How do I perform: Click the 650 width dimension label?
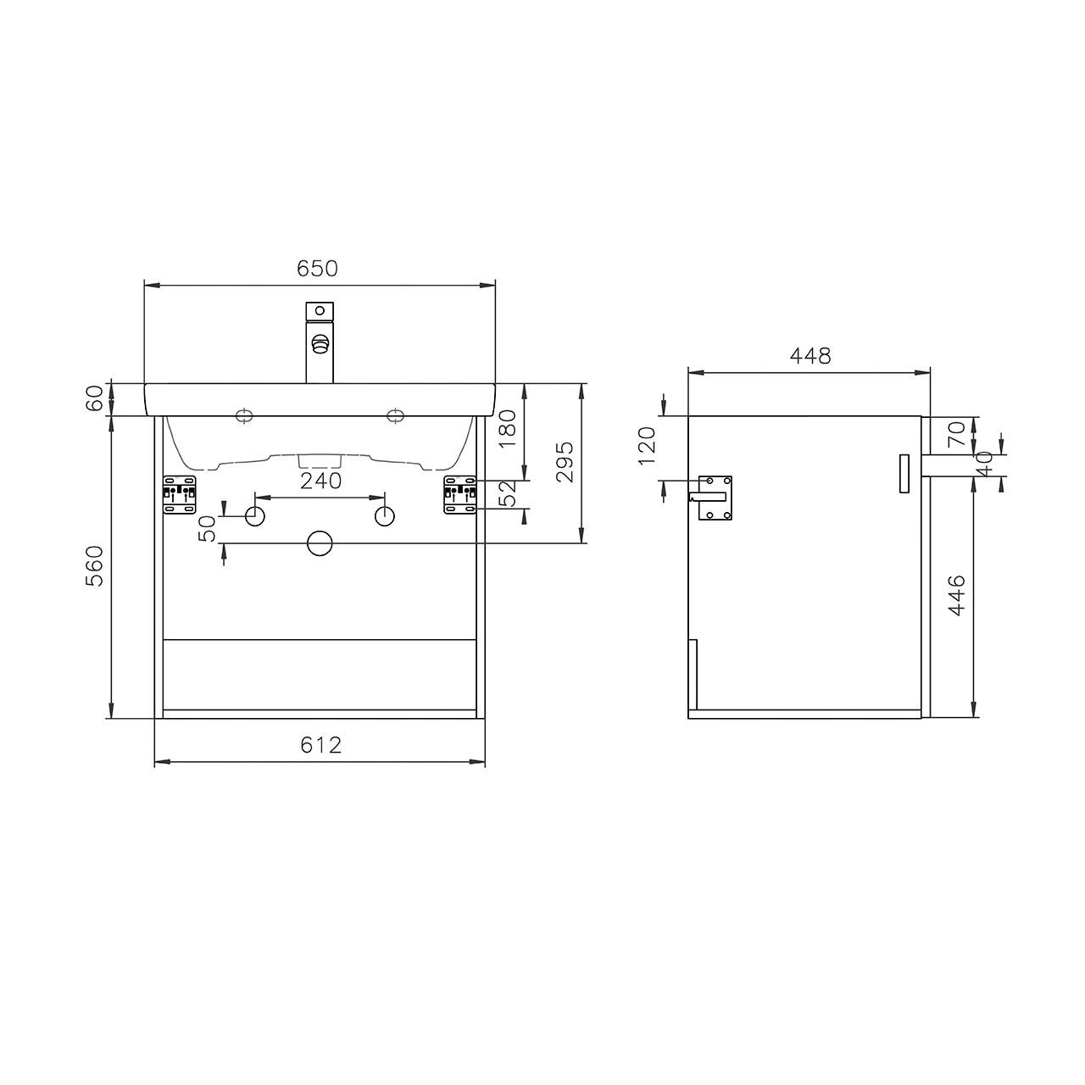pos(317,269)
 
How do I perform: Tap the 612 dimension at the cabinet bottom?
pos(320,745)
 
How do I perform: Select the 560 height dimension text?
pos(95,566)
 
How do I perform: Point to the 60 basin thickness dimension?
pos(95,398)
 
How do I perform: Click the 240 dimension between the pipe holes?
pos(320,481)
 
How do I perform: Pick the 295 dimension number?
pos(565,462)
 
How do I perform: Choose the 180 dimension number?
pos(507,428)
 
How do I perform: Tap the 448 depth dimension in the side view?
pos(810,355)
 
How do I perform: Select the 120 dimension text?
pos(648,446)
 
